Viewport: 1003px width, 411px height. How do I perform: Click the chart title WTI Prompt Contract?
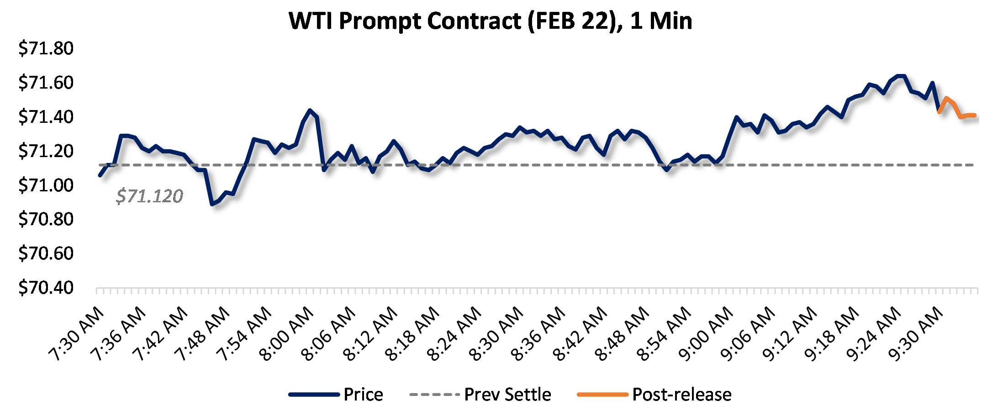(490, 21)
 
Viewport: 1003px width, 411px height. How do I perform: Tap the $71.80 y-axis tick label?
(46, 48)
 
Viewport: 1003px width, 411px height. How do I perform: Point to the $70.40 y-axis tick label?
(46, 288)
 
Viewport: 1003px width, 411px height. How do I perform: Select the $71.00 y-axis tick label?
(46, 185)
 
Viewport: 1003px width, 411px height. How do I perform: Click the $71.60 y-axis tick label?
(46, 83)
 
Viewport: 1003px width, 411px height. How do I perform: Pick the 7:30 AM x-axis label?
(77, 334)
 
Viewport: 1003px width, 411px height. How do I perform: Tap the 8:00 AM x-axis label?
(287, 334)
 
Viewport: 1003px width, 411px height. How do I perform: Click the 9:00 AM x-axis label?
(706, 334)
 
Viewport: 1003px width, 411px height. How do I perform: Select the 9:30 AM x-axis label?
(916, 334)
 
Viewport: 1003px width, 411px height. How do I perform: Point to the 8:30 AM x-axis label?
(496, 334)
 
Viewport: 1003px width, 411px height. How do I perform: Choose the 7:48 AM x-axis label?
(203, 334)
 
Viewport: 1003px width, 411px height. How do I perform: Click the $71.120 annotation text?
(149, 196)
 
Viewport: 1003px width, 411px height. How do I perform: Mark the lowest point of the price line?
(212, 204)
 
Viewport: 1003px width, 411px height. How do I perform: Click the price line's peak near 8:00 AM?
(310, 110)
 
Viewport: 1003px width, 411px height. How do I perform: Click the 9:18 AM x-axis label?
(832, 334)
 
